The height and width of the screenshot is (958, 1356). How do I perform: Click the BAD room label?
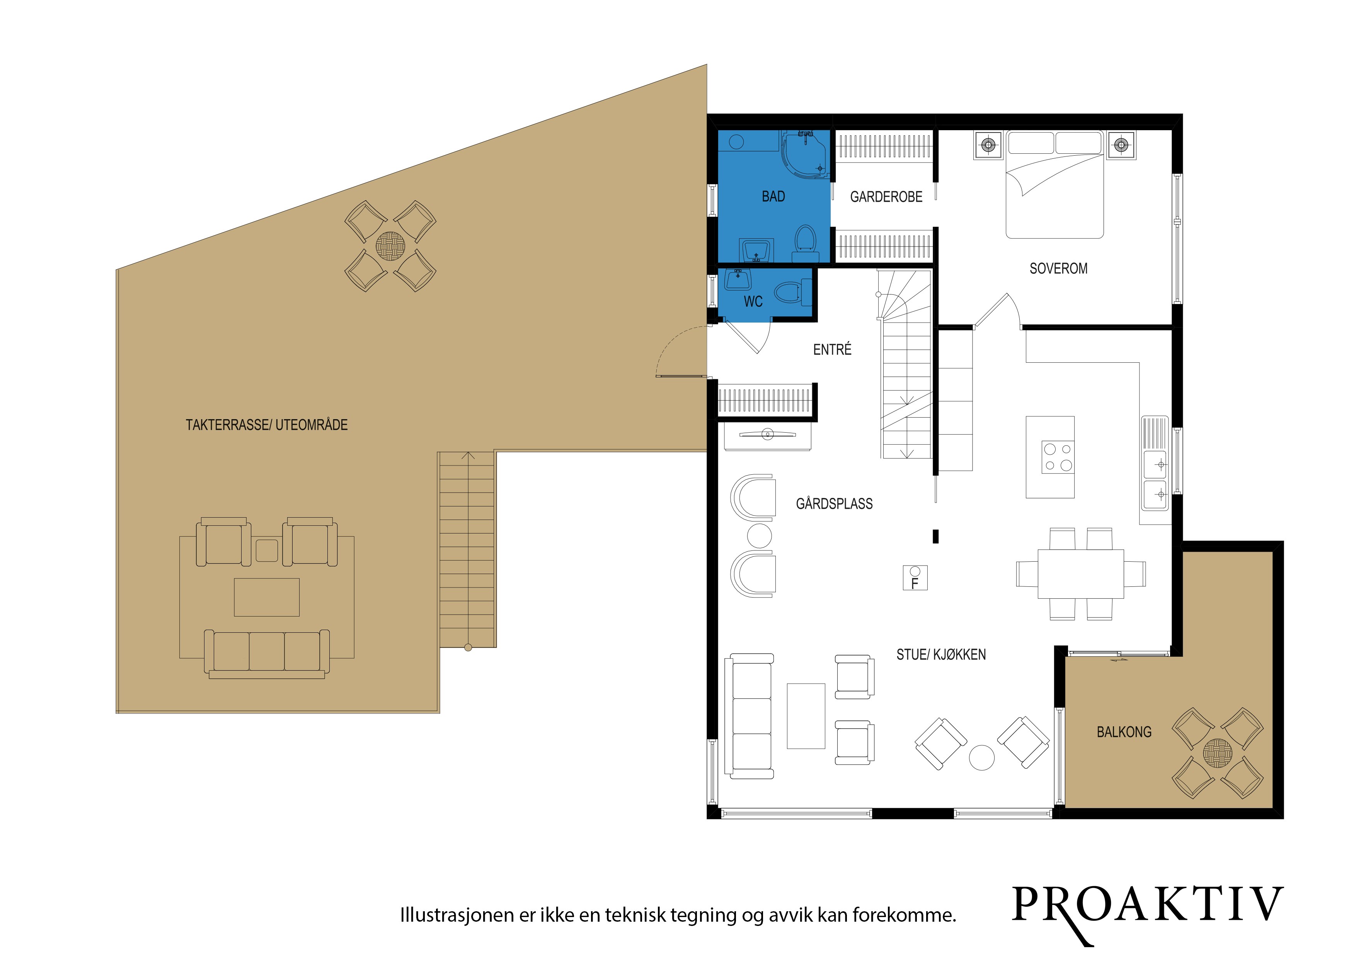tap(773, 197)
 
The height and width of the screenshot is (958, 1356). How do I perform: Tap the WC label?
tap(753, 302)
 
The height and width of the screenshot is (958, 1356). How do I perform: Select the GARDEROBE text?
tap(886, 197)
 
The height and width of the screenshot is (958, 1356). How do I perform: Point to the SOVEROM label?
tap(1058, 268)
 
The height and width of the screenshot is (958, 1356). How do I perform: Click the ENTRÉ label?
tap(832, 350)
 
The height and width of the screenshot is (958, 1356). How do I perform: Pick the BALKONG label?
tap(1124, 732)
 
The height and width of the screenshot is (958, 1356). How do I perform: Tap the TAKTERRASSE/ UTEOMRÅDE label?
tap(266, 425)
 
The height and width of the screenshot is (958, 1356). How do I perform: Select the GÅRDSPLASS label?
tap(834, 503)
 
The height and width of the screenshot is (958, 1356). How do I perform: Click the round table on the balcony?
tap(1218, 753)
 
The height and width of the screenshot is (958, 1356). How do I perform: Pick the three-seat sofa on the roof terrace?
tap(266, 654)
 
